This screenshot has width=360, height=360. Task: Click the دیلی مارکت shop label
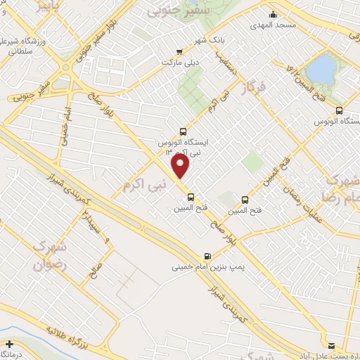pos(158,60)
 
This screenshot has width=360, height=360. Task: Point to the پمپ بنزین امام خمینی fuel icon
pos(207,256)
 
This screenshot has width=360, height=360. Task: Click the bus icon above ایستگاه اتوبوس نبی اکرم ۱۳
pos(183,131)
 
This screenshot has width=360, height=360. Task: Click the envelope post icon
pos(331,344)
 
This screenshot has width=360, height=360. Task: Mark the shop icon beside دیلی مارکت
pos(180,51)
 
